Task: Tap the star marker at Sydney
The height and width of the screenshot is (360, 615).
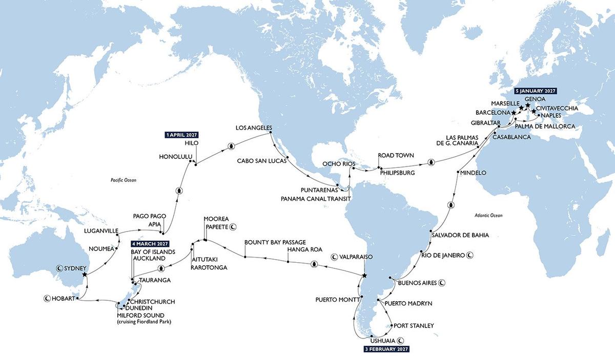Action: point(85,274)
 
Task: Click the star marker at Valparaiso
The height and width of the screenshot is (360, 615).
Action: point(364,276)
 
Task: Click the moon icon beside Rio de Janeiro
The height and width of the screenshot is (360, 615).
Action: point(469,255)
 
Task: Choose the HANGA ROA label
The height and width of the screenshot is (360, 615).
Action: point(304,250)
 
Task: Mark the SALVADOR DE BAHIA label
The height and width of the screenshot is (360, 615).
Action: point(461,235)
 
